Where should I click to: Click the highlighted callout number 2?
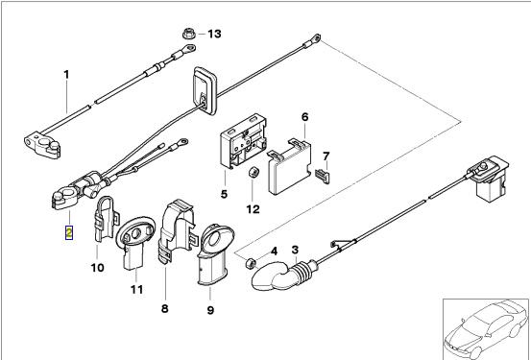tap(69, 233)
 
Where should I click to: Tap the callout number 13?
tap(214, 34)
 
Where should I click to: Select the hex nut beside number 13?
tap(188, 34)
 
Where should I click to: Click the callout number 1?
tap(66, 75)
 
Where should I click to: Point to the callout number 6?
tap(305, 117)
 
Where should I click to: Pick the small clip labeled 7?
tap(322, 176)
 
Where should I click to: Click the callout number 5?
tap(224, 194)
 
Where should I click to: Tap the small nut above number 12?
tap(253, 173)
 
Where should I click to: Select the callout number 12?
tap(253, 209)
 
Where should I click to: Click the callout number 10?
tap(97, 268)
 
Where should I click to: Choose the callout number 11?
tap(136, 290)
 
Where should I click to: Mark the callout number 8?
tap(164, 309)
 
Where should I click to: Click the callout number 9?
tap(210, 310)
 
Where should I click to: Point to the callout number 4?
tap(274, 252)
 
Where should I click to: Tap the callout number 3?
tap(295, 250)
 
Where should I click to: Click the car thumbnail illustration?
tap(486, 329)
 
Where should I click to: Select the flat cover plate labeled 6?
tap(289, 167)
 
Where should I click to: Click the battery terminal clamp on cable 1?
tap(42, 146)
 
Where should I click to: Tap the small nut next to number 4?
tap(251, 263)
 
